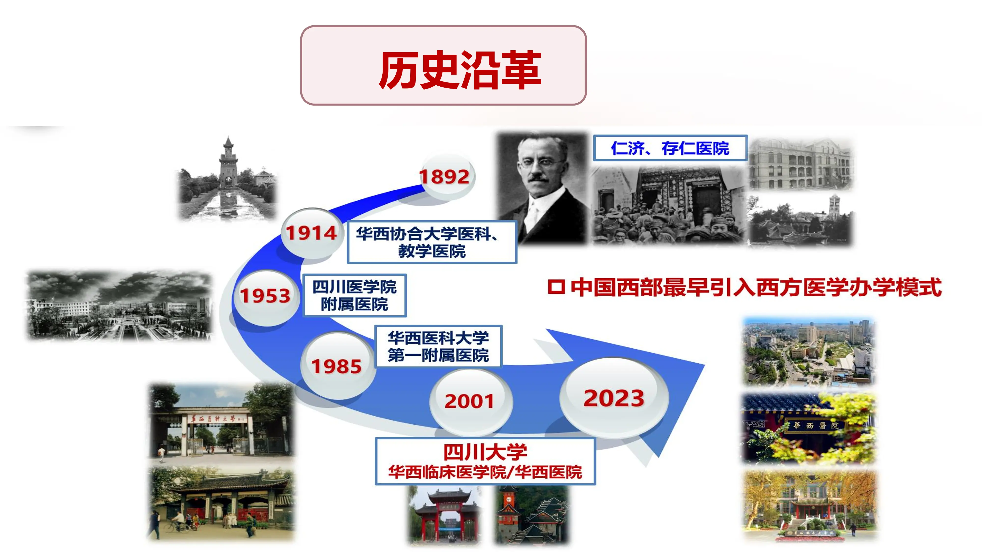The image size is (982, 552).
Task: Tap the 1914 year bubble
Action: [x=311, y=233]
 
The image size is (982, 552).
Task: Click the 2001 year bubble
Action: [x=469, y=401]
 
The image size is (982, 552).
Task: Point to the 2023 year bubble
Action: [x=613, y=398]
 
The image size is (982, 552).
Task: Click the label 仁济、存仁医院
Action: [x=670, y=148]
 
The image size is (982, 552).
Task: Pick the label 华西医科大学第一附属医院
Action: [x=438, y=346]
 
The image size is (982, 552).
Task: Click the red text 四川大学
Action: [x=485, y=452]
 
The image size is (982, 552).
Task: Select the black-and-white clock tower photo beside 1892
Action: [x=228, y=179]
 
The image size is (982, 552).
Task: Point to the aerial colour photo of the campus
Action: [x=809, y=352]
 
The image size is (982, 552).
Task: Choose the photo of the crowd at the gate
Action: [x=668, y=206]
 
